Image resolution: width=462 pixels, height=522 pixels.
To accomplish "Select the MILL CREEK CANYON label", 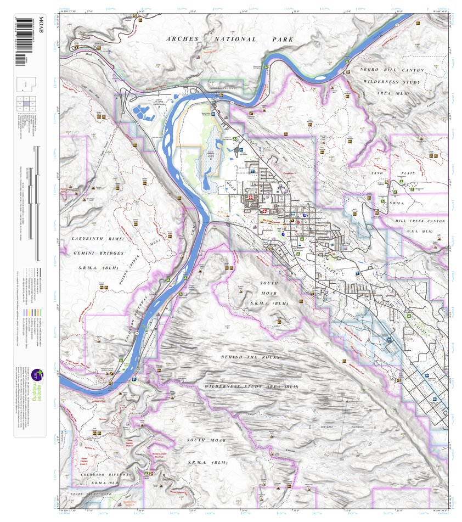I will [420, 221].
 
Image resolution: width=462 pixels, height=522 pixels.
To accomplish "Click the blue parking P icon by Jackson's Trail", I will [133, 379].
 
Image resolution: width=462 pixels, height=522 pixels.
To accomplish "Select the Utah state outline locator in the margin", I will [30, 83].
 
